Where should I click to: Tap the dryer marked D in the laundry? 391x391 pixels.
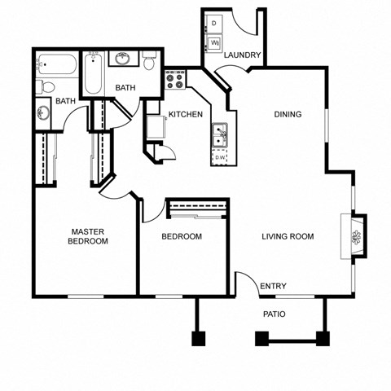click(x=214, y=23)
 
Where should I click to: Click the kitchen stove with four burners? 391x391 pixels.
click(x=175, y=80)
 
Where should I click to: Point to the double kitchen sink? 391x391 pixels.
click(x=220, y=134)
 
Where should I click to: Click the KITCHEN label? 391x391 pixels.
click(x=185, y=114)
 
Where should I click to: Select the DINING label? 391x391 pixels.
click(x=288, y=114)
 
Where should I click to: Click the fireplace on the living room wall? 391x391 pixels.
click(x=355, y=237)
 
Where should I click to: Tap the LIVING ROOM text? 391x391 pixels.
click(x=288, y=237)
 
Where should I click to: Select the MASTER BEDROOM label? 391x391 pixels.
click(x=88, y=236)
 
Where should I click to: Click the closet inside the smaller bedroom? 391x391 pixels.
click(x=197, y=210)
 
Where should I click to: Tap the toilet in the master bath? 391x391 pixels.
click(x=47, y=86)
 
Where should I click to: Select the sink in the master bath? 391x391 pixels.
click(x=43, y=113)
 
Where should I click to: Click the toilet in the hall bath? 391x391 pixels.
click(x=150, y=61)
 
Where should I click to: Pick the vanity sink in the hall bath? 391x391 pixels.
click(x=123, y=59)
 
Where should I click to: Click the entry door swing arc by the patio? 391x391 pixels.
click(x=245, y=282)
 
